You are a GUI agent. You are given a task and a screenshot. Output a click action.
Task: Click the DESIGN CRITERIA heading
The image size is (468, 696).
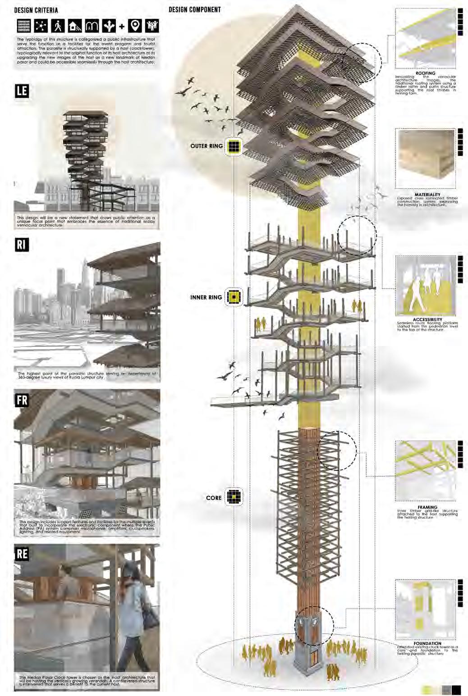[x=36, y=10]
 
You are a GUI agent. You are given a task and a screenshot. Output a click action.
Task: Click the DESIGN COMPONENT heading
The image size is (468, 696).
[x=195, y=9]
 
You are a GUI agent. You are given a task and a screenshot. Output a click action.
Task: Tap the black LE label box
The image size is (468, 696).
[x=22, y=91]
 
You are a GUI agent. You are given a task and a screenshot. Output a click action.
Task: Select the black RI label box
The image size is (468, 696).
[x=22, y=245]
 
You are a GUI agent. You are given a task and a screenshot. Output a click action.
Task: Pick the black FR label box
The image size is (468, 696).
[x=22, y=400]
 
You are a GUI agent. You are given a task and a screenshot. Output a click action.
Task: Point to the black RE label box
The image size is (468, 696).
[x=22, y=554]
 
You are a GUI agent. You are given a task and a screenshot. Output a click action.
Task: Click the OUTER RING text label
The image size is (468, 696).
[x=206, y=146]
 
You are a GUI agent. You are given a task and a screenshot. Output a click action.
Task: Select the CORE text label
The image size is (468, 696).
[x=214, y=498]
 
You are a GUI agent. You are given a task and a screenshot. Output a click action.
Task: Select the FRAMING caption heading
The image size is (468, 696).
[x=427, y=507]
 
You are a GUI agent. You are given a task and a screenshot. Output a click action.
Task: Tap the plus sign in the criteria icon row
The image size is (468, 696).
[x=122, y=26]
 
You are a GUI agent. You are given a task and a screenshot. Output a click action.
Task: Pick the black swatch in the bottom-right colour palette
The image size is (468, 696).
[x=456, y=689]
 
